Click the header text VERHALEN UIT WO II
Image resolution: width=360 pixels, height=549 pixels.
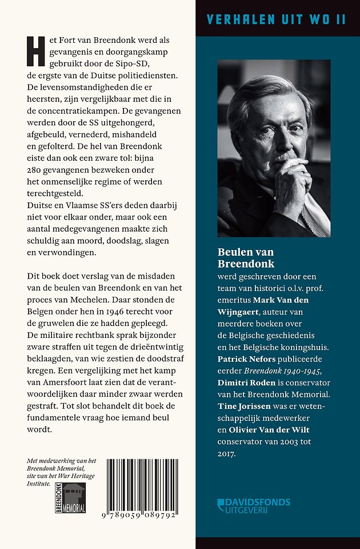(x=277, y=19)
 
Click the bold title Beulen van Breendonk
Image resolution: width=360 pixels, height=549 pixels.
(x=246, y=258)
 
